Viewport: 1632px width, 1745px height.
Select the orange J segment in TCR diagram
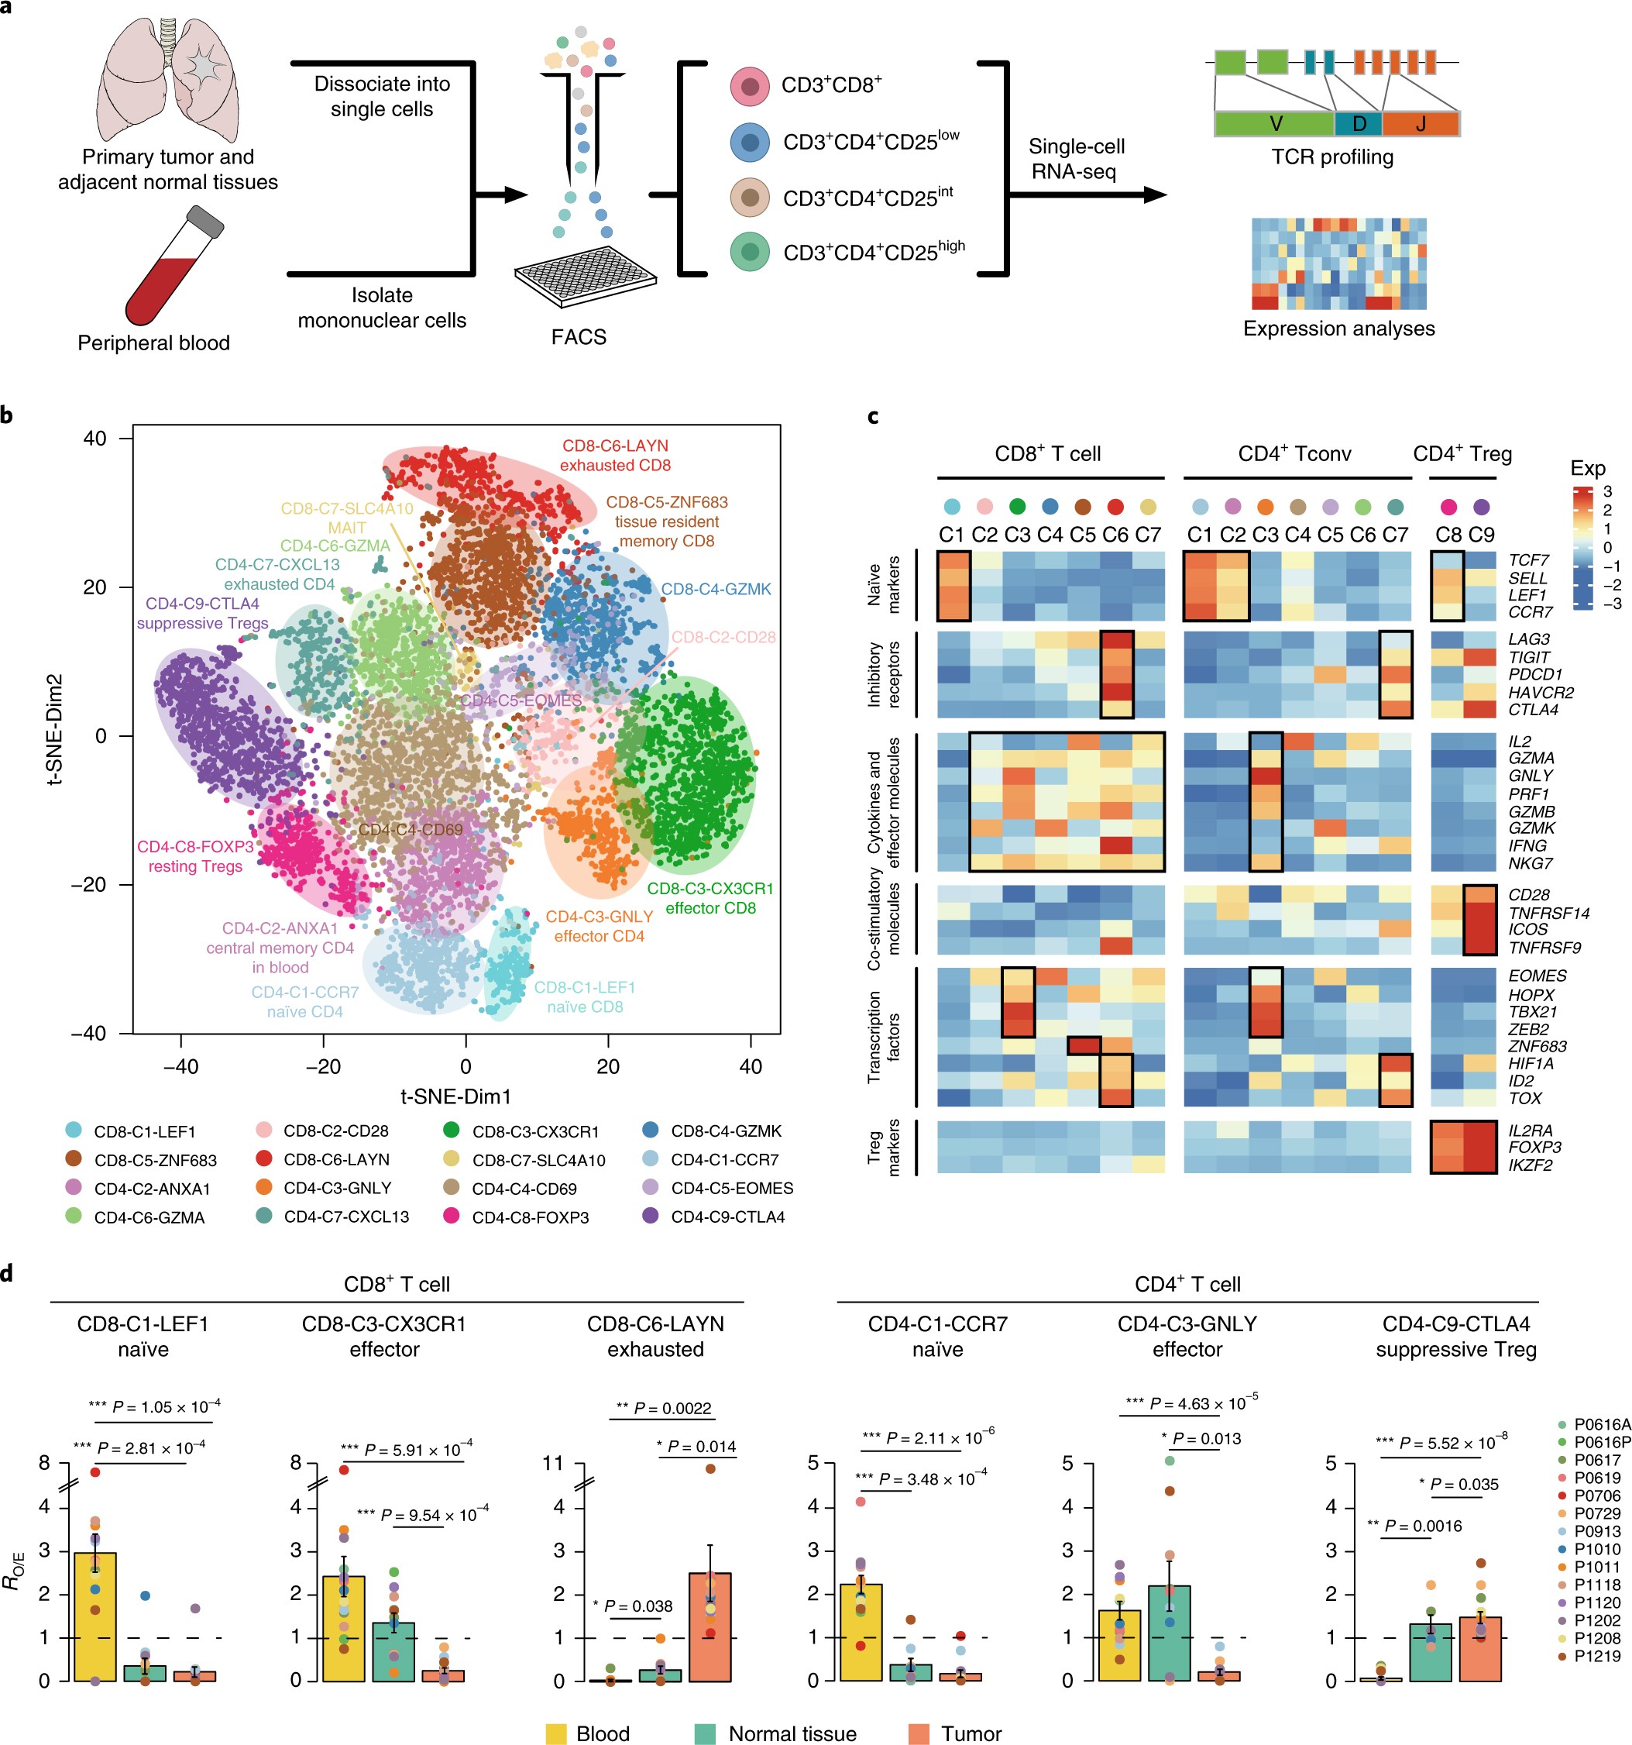point(1421,124)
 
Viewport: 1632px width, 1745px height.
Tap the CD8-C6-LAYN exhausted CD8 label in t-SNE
point(615,455)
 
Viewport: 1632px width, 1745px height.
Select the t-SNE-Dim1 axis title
point(455,1096)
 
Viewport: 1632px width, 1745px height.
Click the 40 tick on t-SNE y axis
point(94,438)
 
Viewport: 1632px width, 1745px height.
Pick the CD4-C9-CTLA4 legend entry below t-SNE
point(727,1217)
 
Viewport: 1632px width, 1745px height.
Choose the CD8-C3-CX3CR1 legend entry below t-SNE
point(534,1131)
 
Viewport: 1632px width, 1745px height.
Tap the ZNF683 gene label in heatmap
point(1538,1045)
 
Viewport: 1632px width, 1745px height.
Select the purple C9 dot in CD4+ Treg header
point(1481,507)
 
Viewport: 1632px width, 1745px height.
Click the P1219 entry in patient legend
point(1597,1655)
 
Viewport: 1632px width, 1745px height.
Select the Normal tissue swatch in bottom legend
point(705,1733)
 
